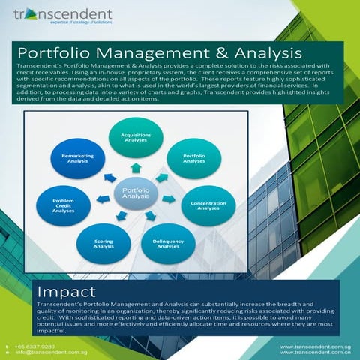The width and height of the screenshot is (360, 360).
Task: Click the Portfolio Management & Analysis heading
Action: point(160,53)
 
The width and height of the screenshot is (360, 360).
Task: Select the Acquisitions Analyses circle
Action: point(136,138)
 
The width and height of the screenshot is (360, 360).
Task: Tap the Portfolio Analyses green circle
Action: point(193,158)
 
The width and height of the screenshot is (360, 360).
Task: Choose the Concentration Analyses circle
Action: point(208,205)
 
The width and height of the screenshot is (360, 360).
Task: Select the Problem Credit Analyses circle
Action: point(63,205)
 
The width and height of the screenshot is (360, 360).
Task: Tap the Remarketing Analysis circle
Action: point(77,158)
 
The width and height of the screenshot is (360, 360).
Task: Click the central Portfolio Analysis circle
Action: point(136,196)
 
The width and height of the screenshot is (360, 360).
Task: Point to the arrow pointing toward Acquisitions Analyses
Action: point(136,169)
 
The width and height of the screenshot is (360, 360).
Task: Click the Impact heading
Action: point(66,290)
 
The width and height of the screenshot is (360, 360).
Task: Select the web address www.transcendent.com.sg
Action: point(316,346)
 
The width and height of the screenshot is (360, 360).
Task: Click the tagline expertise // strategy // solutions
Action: point(80,22)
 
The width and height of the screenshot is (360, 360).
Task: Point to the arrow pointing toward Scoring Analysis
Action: point(121,217)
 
